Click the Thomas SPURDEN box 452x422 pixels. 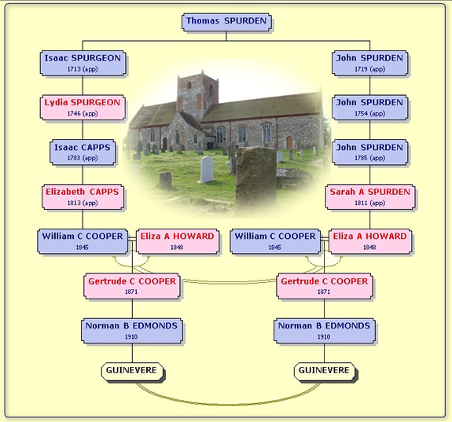point(226,22)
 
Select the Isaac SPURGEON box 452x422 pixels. point(83,63)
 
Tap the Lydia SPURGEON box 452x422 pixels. point(83,108)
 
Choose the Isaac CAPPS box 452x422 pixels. point(83,152)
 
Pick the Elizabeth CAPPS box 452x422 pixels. point(83,197)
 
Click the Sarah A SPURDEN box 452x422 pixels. point(369,197)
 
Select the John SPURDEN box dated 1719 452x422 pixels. point(369,63)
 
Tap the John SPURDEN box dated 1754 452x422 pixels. point(369,108)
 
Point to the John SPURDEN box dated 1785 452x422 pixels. point(369,152)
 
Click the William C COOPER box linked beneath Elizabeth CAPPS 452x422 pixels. point(83,241)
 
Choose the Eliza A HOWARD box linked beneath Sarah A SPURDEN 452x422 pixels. point(370,241)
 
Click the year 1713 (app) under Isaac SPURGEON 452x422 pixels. point(83,69)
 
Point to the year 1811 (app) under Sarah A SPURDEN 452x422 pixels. point(369,203)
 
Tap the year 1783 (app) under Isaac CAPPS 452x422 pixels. point(83,158)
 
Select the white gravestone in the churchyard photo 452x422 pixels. point(207,170)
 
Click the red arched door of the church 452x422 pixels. point(289,143)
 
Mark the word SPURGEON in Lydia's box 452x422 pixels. point(95,102)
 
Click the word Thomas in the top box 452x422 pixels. point(203,20)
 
